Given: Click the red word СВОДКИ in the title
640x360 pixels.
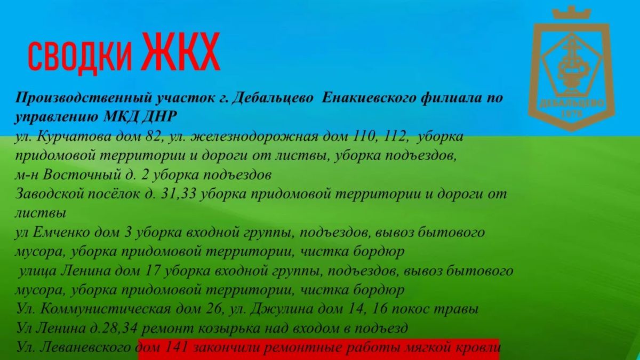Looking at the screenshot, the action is tap(80, 57).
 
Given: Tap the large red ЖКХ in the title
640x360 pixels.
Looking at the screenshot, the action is tap(182, 52).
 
